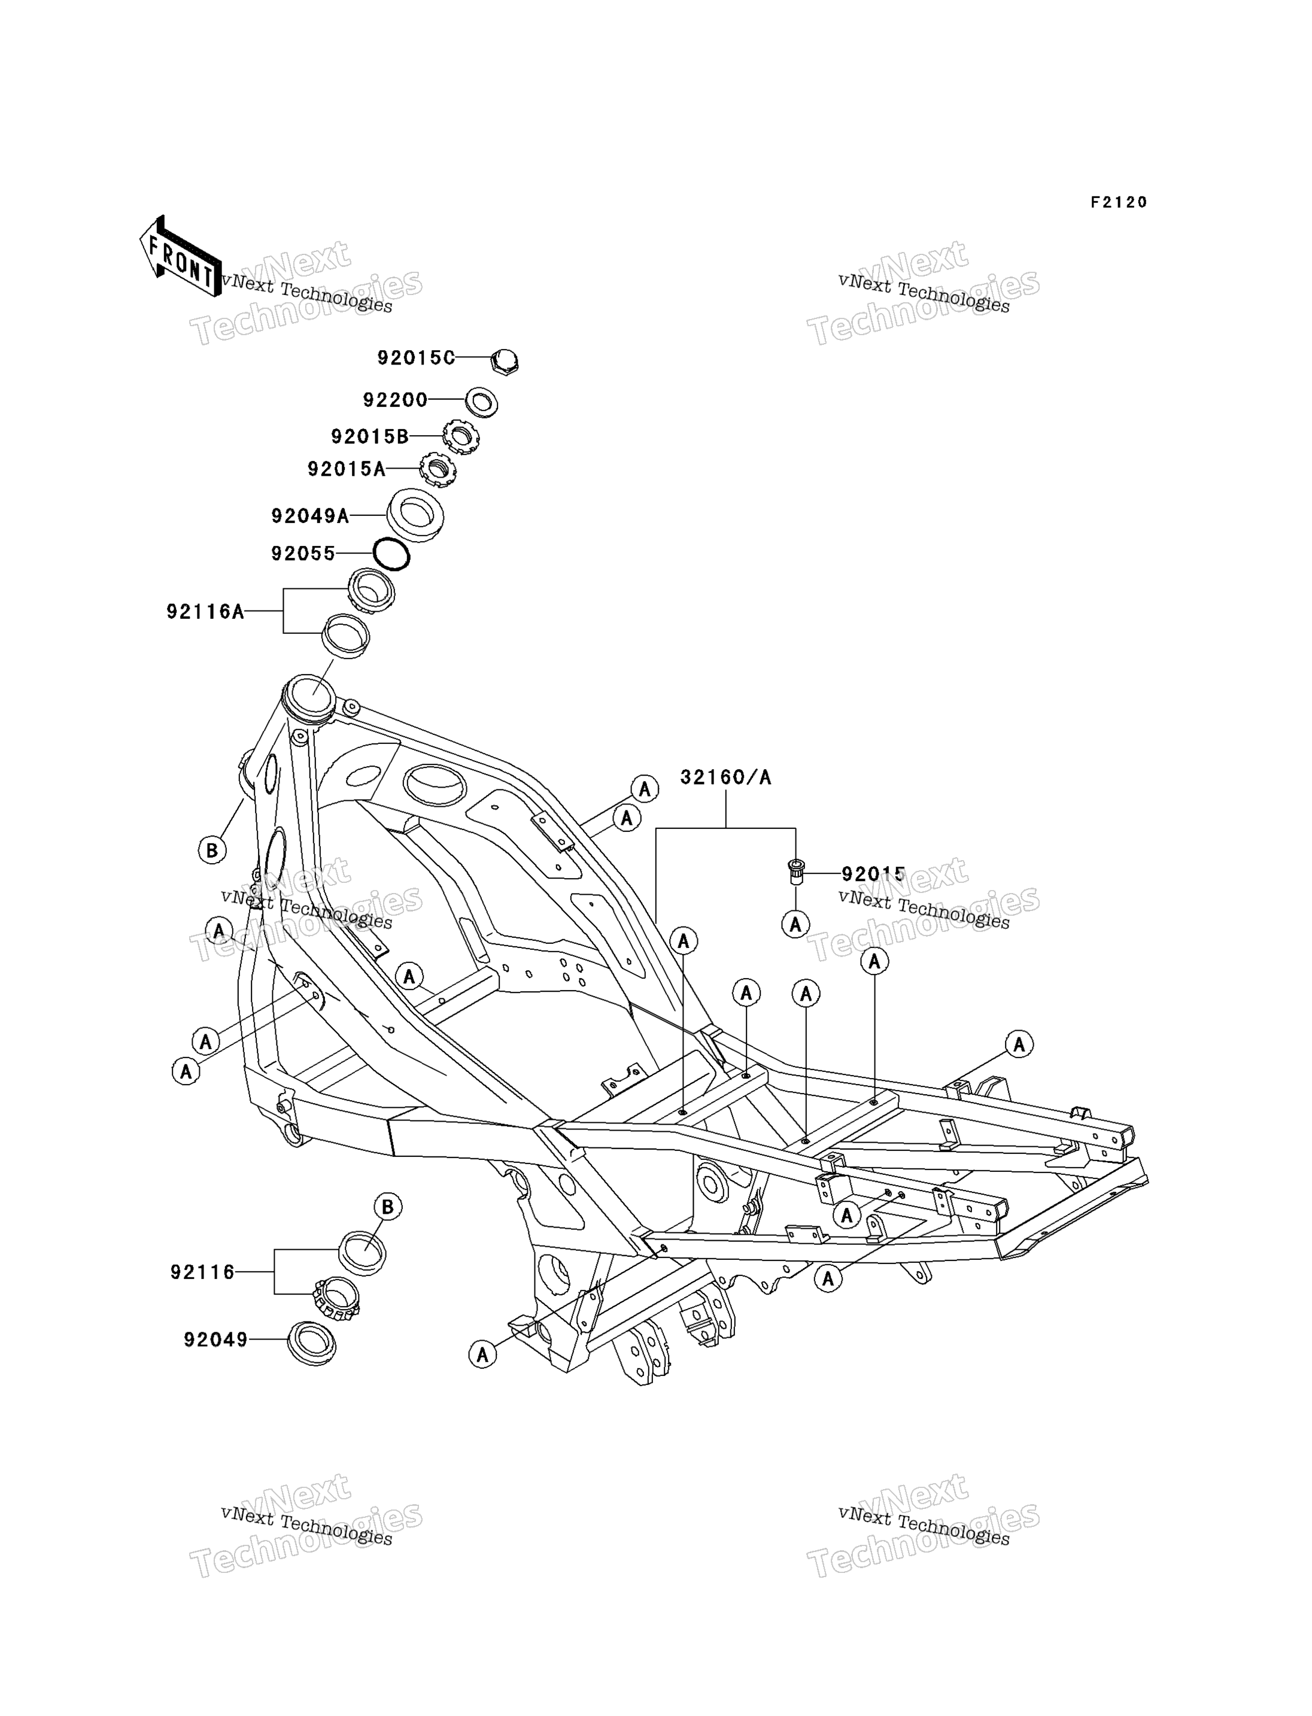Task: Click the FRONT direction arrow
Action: (x=180, y=256)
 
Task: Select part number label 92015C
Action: (x=415, y=358)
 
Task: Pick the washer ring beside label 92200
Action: (x=481, y=402)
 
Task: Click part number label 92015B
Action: (x=369, y=436)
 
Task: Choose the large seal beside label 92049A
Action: (x=415, y=515)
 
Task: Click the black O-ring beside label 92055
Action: (x=391, y=554)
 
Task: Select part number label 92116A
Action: (x=205, y=612)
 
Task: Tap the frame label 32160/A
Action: (x=725, y=777)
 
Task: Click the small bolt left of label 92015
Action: (x=796, y=871)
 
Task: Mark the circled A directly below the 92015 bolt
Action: (x=796, y=925)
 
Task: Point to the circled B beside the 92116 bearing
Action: (x=388, y=1207)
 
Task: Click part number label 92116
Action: (x=202, y=1272)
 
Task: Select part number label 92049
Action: (x=215, y=1340)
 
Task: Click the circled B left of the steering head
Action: (x=212, y=850)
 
